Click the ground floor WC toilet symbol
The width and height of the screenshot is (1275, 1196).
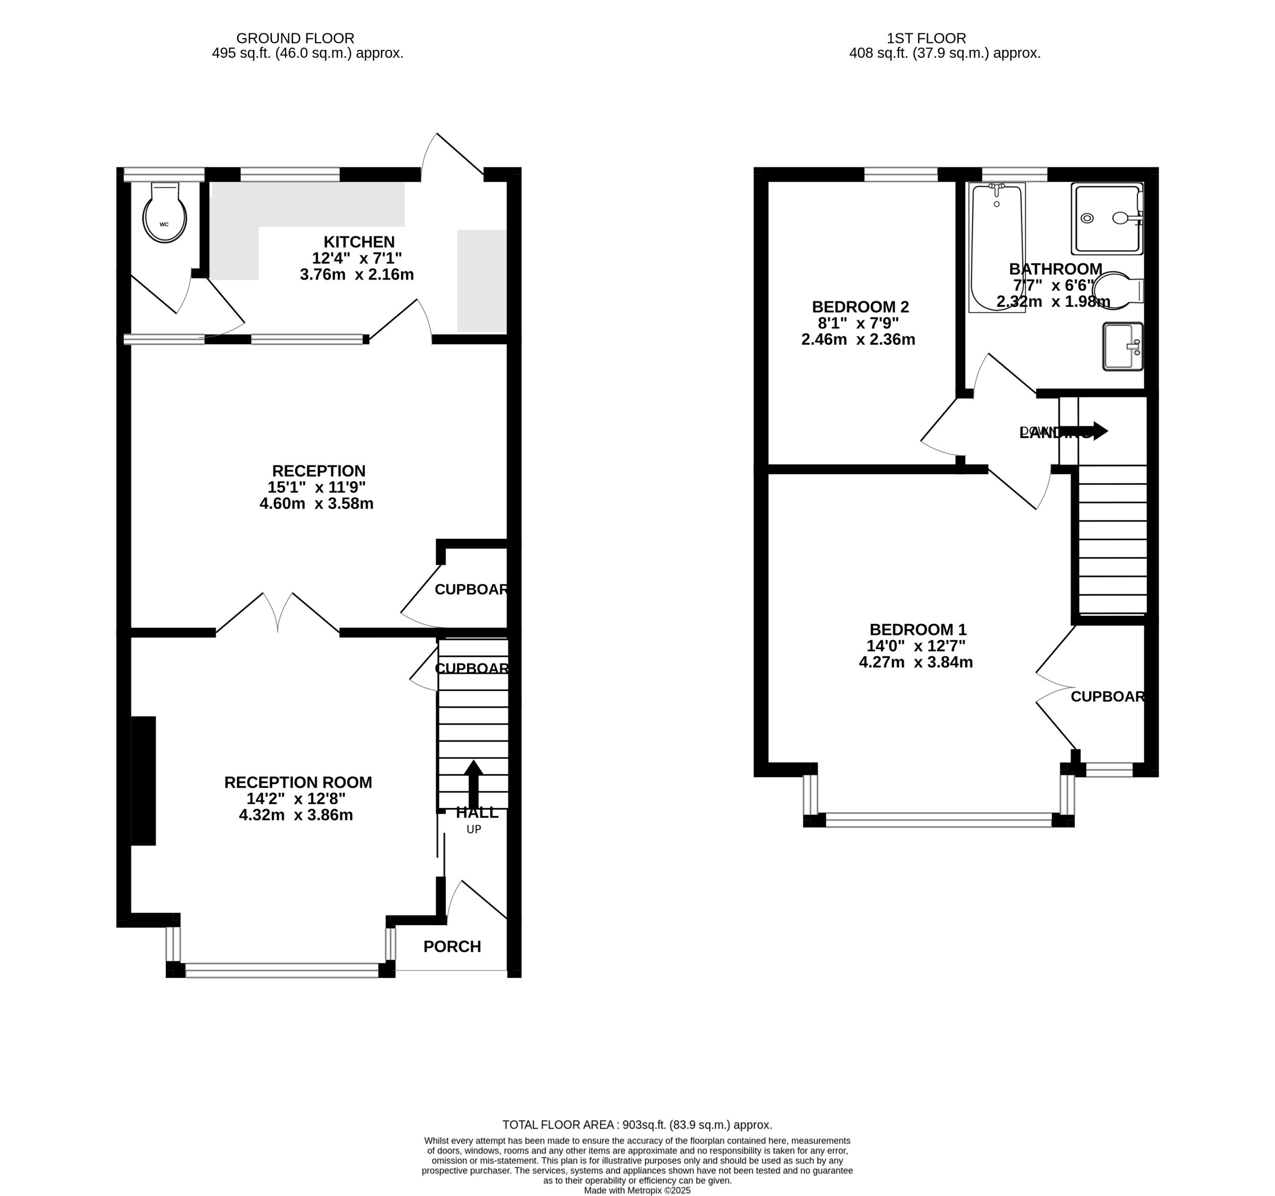click(x=165, y=214)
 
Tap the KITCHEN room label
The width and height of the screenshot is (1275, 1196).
click(x=359, y=242)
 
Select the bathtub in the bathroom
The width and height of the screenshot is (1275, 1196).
click(x=996, y=247)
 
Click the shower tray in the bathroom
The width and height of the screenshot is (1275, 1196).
click(x=1106, y=219)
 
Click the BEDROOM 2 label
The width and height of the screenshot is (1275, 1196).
click(x=860, y=307)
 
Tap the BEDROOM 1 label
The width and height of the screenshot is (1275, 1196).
click(x=917, y=629)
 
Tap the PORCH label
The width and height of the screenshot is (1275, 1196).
click(x=452, y=947)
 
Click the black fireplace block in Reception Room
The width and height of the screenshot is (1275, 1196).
click(x=143, y=780)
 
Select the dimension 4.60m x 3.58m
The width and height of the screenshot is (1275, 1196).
click(x=316, y=503)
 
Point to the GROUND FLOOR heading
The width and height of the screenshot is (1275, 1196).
click(x=295, y=38)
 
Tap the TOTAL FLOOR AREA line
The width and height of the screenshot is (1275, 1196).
click(x=637, y=1125)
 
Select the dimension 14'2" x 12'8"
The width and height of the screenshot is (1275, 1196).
click(x=296, y=798)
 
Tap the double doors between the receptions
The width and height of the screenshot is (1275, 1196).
click(x=278, y=614)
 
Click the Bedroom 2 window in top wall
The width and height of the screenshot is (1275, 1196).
click(x=900, y=174)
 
